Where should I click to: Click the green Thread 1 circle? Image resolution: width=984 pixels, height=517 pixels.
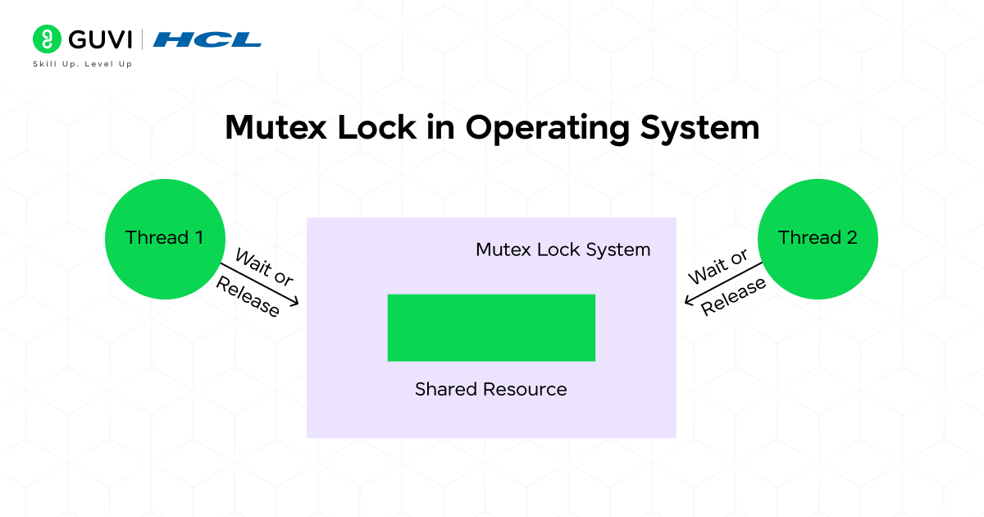[x=164, y=239]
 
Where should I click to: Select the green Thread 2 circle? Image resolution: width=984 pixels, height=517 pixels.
[x=818, y=239]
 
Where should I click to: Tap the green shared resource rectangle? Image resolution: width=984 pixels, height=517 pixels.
[x=491, y=327]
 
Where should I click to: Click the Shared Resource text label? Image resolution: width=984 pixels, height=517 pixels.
[x=490, y=389]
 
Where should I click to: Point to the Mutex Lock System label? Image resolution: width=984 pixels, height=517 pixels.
[x=563, y=249]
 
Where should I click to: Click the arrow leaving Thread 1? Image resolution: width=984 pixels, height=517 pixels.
[x=259, y=284]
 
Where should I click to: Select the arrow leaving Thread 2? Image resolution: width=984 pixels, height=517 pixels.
[x=723, y=282]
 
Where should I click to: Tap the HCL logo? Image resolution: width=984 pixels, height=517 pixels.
[x=207, y=39]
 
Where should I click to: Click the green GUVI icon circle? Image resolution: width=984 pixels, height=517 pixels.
[x=48, y=39]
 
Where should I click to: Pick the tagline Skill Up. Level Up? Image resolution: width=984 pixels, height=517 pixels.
[x=82, y=64]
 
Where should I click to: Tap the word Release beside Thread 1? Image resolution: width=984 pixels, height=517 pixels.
[x=248, y=296]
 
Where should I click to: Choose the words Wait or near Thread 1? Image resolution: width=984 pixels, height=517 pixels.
[x=264, y=268]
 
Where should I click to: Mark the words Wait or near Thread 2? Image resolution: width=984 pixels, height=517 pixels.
[x=718, y=268]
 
